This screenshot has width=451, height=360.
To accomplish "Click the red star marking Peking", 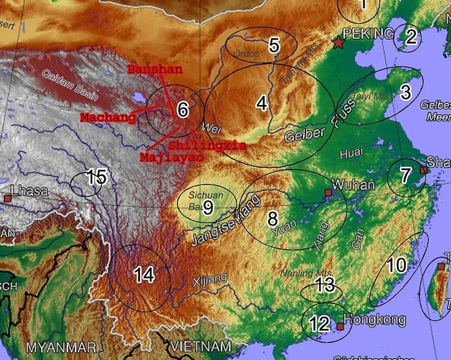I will tap(339, 43).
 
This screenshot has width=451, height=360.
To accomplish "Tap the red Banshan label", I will tap(155, 69).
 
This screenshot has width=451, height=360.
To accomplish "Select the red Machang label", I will tap(108, 117).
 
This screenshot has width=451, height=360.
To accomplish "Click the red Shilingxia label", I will tap(207, 146).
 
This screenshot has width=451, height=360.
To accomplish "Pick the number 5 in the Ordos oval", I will tap(274, 45).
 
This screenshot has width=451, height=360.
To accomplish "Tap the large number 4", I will tap(261, 102).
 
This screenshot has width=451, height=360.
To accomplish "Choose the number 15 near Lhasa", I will tap(96, 177).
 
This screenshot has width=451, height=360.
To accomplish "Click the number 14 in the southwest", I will tap(144, 275).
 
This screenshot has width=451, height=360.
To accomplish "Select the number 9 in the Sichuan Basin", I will tap(208, 207).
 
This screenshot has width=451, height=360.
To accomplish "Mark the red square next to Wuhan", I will tap(328, 192).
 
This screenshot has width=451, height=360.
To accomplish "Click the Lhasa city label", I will tap(30, 191).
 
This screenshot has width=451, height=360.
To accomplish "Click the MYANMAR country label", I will tap(61, 347).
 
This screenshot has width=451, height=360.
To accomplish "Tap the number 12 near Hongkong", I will tap(319, 323).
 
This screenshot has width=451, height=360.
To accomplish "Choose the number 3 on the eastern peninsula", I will tap(405, 92).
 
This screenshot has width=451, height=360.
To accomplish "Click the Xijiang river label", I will tap(209, 279).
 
